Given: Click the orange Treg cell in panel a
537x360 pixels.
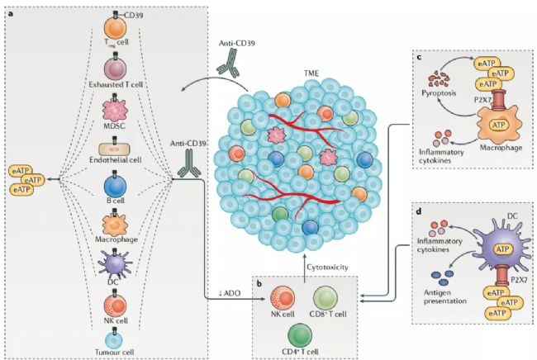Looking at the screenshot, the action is coord(116,30).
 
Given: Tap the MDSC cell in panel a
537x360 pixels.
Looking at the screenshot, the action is coord(115,111).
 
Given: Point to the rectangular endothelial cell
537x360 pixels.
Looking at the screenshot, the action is coord(115,149).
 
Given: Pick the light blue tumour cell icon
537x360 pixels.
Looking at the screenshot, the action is coord(114,340).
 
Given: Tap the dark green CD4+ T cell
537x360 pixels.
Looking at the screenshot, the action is coord(300,335).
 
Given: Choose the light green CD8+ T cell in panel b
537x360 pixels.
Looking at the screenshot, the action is coord(326,298).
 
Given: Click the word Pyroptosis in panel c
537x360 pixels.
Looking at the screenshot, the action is coord(439,92).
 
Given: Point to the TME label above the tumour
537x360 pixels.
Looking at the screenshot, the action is coord(311,73).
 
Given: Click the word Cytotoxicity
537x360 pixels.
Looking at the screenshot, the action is coord(327,267).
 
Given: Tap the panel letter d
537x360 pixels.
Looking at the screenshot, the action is coord(419,211).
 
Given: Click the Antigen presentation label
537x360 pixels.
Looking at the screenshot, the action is coord(445,296).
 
